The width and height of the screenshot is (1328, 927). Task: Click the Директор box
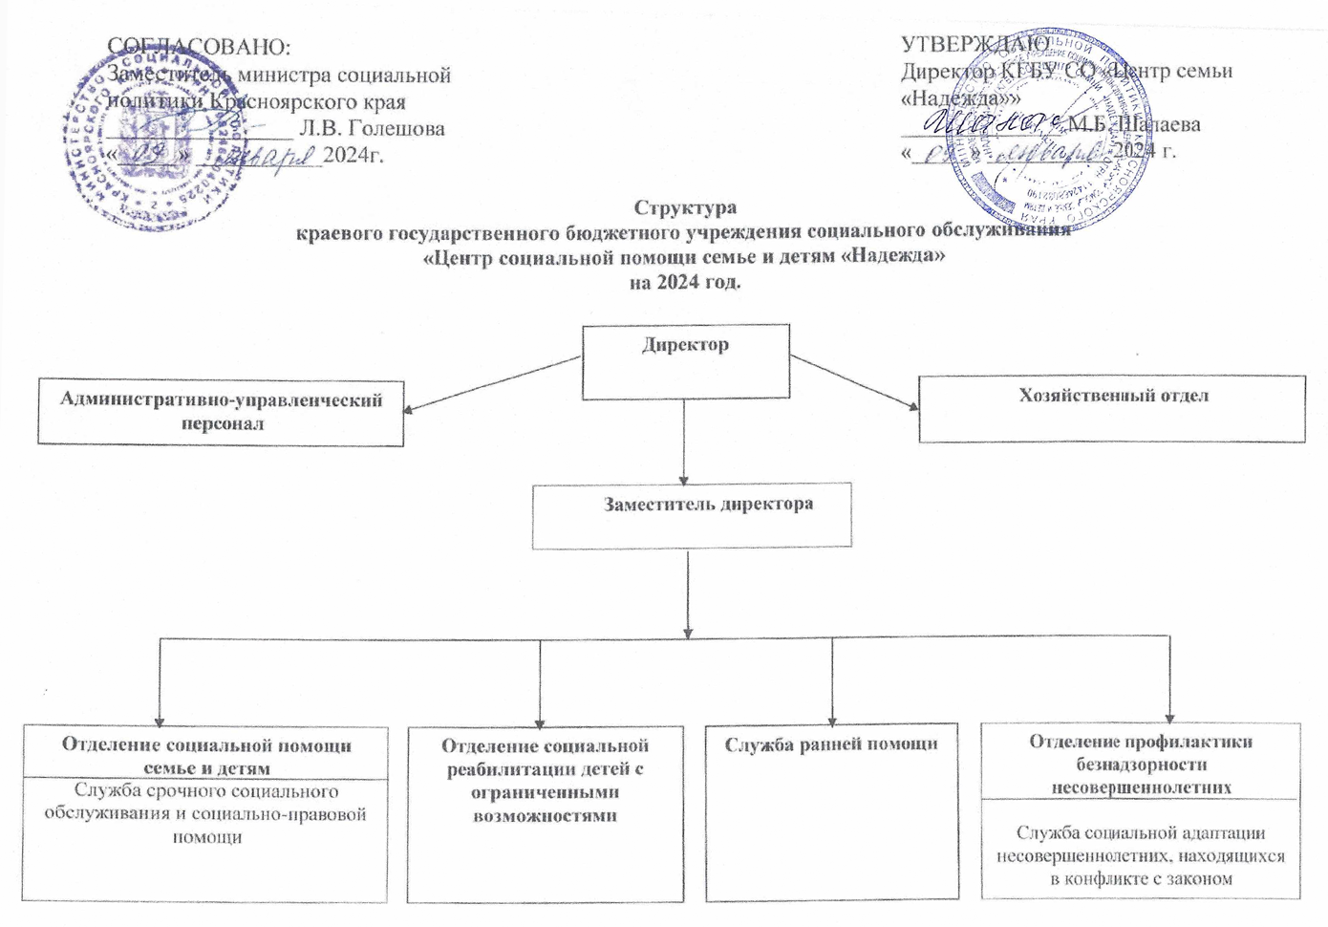point(685,360)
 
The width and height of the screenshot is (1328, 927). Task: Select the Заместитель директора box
point(691,517)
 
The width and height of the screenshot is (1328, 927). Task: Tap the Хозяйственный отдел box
point(1111,408)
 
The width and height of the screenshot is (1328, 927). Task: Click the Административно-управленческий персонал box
point(221,413)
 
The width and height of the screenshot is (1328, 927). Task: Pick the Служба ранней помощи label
point(830,744)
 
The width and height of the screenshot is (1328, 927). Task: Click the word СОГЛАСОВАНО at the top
point(199,46)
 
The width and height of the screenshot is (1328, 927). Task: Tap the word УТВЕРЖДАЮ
point(975,44)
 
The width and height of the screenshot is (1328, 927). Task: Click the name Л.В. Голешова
point(372,127)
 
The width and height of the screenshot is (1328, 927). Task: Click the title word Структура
point(685,207)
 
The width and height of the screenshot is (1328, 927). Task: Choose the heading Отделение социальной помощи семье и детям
point(206,756)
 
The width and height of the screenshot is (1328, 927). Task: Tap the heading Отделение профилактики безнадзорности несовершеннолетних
point(1140,764)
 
